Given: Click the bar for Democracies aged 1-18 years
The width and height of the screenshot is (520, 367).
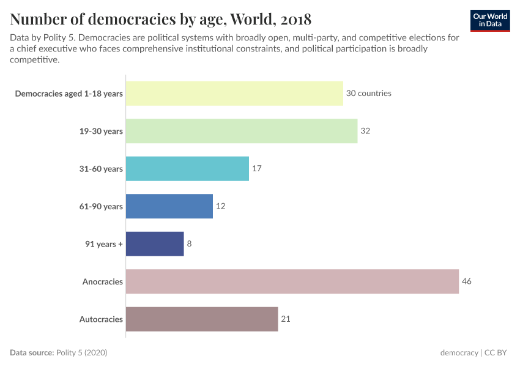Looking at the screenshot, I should [x=234, y=94].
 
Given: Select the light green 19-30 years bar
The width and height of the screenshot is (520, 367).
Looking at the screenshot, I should [x=242, y=131].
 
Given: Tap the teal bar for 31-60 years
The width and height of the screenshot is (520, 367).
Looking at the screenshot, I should [x=187, y=169].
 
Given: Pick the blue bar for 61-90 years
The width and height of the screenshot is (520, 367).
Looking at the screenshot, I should [x=169, y=206].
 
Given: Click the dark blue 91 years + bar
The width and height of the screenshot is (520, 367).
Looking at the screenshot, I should [x=155, y=243].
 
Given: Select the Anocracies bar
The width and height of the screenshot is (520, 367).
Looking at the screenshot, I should [x=292, y=281].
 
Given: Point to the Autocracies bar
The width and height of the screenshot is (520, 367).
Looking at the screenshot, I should [x=202, y=319].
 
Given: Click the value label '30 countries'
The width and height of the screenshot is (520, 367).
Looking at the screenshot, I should [x=368, y=94].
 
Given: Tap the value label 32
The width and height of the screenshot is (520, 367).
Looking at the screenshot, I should [x=365, y=131].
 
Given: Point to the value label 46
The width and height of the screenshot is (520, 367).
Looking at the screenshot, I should [x=467, y=281].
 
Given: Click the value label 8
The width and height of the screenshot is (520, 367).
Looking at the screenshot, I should [x=189, y=243].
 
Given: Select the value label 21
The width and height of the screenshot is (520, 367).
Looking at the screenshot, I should [x=286, y=319].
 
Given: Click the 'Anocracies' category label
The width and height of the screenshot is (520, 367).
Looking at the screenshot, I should [x=103, y=281].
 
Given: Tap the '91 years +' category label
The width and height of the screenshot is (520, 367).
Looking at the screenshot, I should [x=104, y=243].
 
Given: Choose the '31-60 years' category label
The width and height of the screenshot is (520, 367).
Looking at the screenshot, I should [x=101, y=169].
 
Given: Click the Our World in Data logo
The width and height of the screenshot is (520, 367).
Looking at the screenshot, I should [x=490, y=20].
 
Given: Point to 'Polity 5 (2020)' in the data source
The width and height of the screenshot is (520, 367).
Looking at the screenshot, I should [x=81, y=353].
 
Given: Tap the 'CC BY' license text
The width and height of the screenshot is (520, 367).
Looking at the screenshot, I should [x=498, y=353].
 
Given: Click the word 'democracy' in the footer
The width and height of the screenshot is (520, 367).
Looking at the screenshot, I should [x=459, y=353].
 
